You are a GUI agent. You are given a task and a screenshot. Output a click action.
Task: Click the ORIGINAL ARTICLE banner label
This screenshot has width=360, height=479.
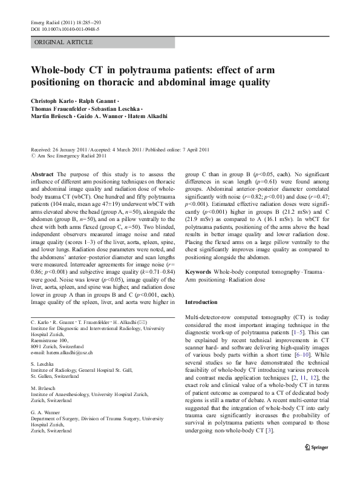[x=64, y=42]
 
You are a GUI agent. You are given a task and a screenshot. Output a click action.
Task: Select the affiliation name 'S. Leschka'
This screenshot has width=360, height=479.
[x=44, y=365]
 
